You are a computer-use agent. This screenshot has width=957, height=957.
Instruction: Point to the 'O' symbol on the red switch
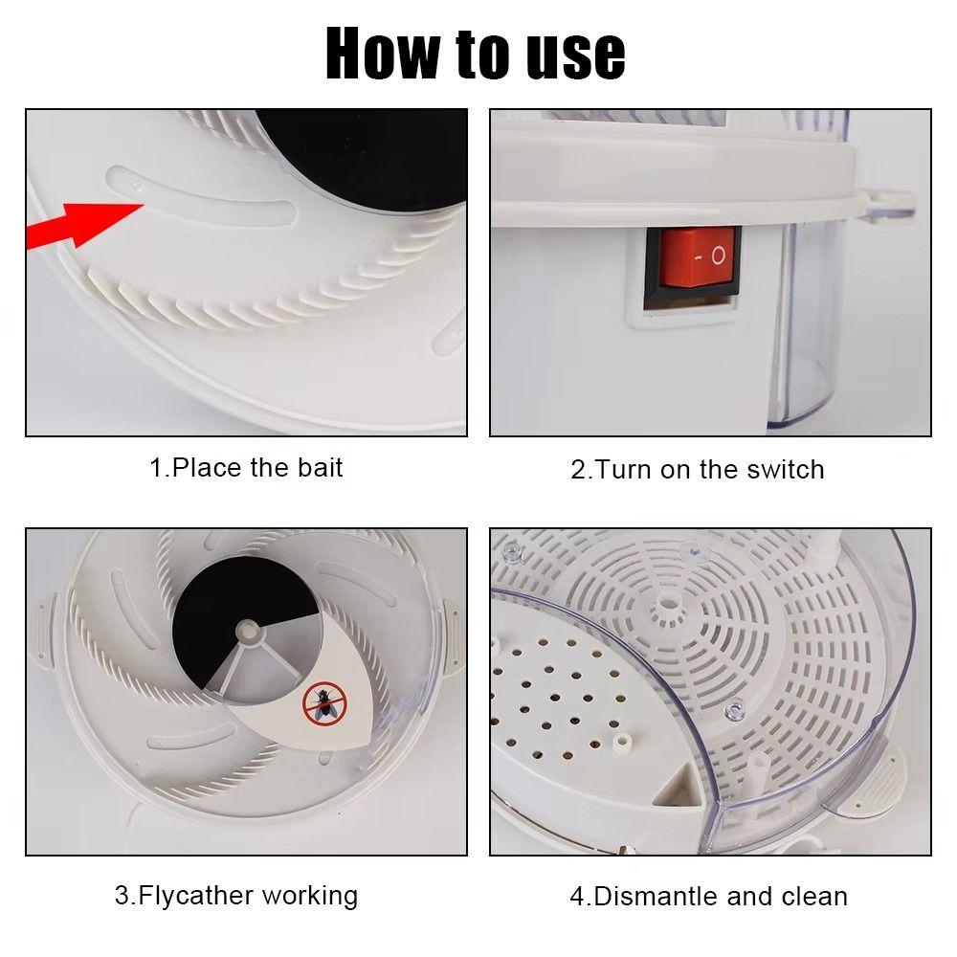(x=718, y=256)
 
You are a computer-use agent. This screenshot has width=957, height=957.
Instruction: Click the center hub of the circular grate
(x=667, y=604)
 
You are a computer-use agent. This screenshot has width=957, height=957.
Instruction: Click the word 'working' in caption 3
(x=309, y=896)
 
